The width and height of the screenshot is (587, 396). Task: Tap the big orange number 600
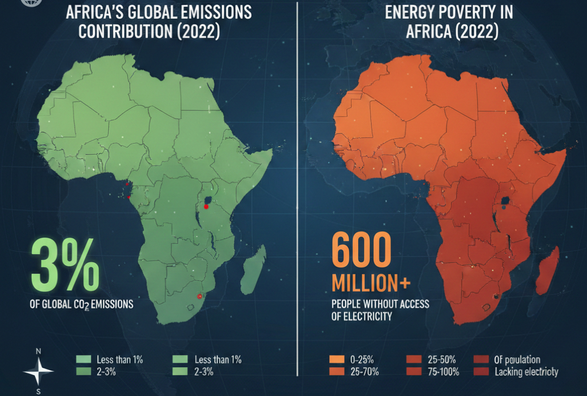[x=361, y=250]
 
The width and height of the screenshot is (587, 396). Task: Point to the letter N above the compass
[x=39, y=351]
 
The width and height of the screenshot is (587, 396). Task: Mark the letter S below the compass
[x=39, y=390]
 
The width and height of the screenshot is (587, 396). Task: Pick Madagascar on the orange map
[x=546, y=270]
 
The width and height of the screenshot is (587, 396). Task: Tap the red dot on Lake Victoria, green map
[x=207, y=206]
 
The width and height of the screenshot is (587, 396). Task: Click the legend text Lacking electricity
[x=527, y=371]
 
